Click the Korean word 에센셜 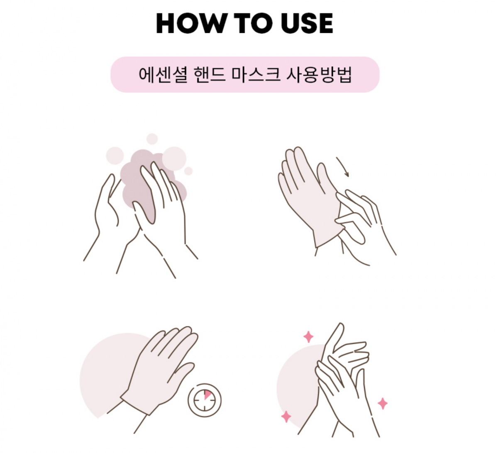[163, 75]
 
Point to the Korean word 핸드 [209, 75]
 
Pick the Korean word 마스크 [256, 75]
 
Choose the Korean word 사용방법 [319, 75]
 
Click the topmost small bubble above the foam [152, 139]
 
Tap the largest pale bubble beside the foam [174, 158]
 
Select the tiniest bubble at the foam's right [188, 171]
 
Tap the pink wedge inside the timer [207, 395]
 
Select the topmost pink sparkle [308, 337]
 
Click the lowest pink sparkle [286, 416]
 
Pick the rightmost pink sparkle [383, 403]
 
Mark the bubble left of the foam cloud [115, 156]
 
